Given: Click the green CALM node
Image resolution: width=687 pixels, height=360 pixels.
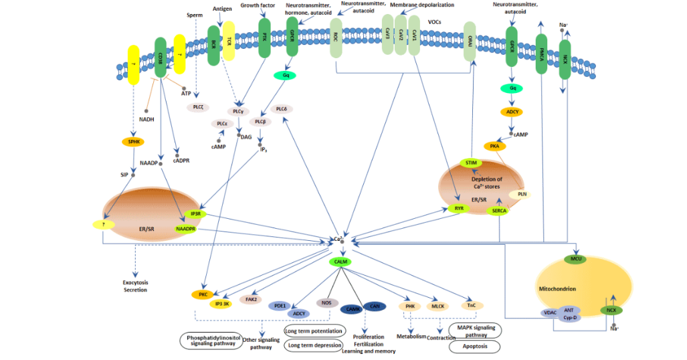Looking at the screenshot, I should click(x=340, y=262).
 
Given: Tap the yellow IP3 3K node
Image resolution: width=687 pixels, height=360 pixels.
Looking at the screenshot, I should click(x=222, y=304).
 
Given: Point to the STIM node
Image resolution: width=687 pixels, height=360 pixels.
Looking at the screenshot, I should click(x=470, y=163).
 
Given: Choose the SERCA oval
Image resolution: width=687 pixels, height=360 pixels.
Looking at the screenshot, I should click(x=498, y=211).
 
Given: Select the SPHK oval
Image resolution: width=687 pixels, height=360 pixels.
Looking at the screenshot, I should click(x=132, y=142).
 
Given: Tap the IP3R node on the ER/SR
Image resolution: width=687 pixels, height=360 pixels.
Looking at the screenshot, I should click(x=196, y=214).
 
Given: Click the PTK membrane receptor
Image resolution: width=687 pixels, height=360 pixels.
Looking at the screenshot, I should click(x=264, y=39).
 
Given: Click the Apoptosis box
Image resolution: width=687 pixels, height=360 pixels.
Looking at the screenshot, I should click(x=474, y=346).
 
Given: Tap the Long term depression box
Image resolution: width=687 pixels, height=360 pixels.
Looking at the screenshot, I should click(x=314, y=345).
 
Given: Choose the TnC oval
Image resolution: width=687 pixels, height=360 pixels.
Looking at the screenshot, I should click(x=472, y=306).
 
